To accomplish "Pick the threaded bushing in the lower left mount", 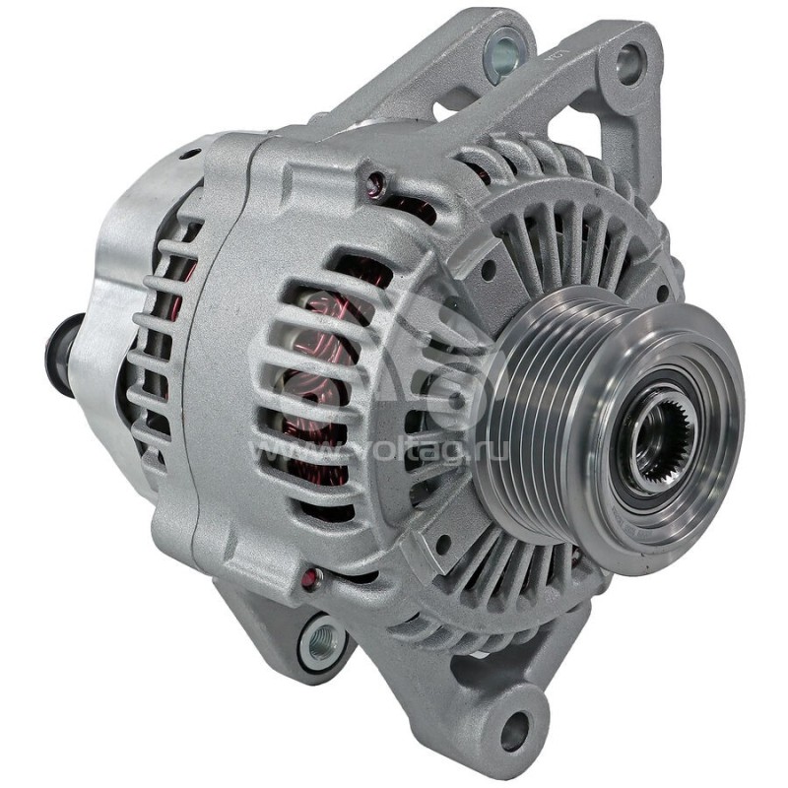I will pyautogui.click(x=321, y=641).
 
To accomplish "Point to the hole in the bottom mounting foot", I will pyautogui.click(x=515, y=730).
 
